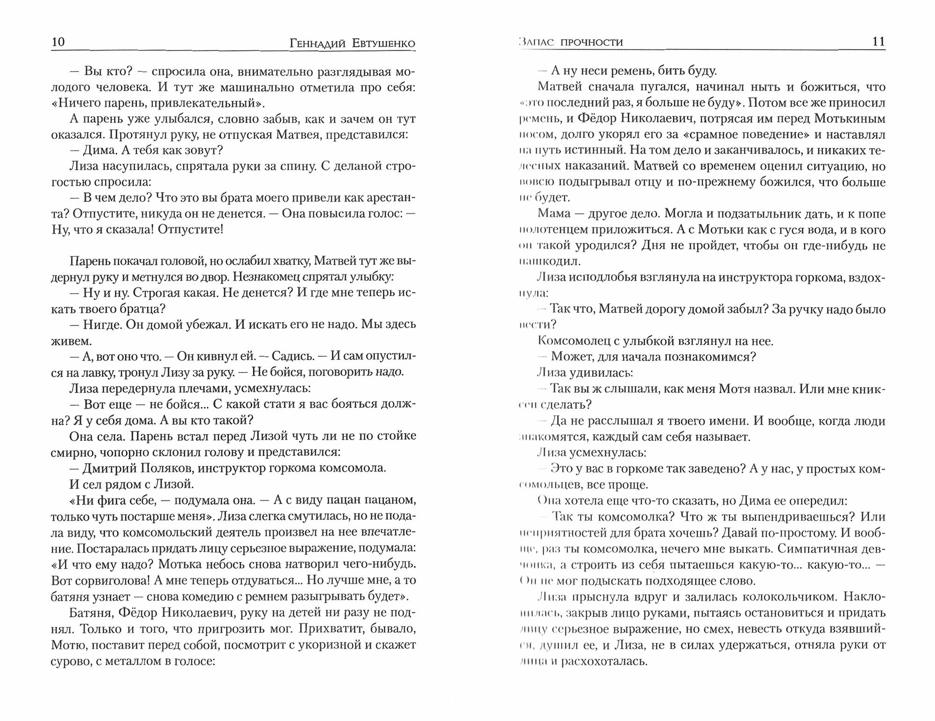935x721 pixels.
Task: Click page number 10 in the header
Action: click(x=58, y=42)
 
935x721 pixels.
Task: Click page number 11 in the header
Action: click(x=878, y=42)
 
